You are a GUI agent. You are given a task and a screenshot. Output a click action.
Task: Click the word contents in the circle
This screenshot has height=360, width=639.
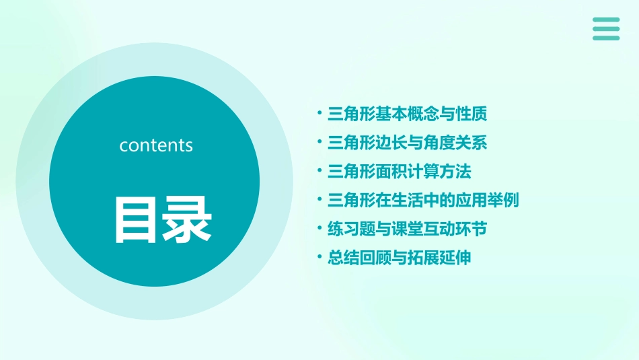pos(156,145)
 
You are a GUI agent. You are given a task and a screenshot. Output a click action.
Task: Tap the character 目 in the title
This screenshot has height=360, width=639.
pos(137,220)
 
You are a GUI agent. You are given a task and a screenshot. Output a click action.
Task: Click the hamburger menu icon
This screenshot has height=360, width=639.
pos(606,29)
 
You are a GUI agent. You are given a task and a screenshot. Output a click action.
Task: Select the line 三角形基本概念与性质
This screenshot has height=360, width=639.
pos(407,114)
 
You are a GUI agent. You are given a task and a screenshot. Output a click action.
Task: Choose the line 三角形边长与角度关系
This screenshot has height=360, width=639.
pos(407,143)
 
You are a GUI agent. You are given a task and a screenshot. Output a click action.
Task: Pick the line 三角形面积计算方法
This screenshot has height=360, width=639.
pos(399,172)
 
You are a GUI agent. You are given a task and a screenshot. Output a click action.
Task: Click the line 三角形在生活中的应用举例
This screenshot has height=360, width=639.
pos(422,201)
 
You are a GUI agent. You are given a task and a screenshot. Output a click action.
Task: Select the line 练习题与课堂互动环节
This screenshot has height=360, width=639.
pos(407,229)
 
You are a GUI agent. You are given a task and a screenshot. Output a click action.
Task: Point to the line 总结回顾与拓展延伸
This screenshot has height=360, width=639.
pos(399,258)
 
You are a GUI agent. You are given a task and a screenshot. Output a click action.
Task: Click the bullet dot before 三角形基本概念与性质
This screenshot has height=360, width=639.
pos(319,114)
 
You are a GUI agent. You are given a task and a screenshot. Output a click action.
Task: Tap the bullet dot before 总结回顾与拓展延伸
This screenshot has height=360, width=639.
pos(319,258)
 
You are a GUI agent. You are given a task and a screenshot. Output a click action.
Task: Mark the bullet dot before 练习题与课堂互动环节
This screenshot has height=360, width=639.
pos(319,229)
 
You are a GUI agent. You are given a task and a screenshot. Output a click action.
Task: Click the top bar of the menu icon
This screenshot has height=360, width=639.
pos(606,20)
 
